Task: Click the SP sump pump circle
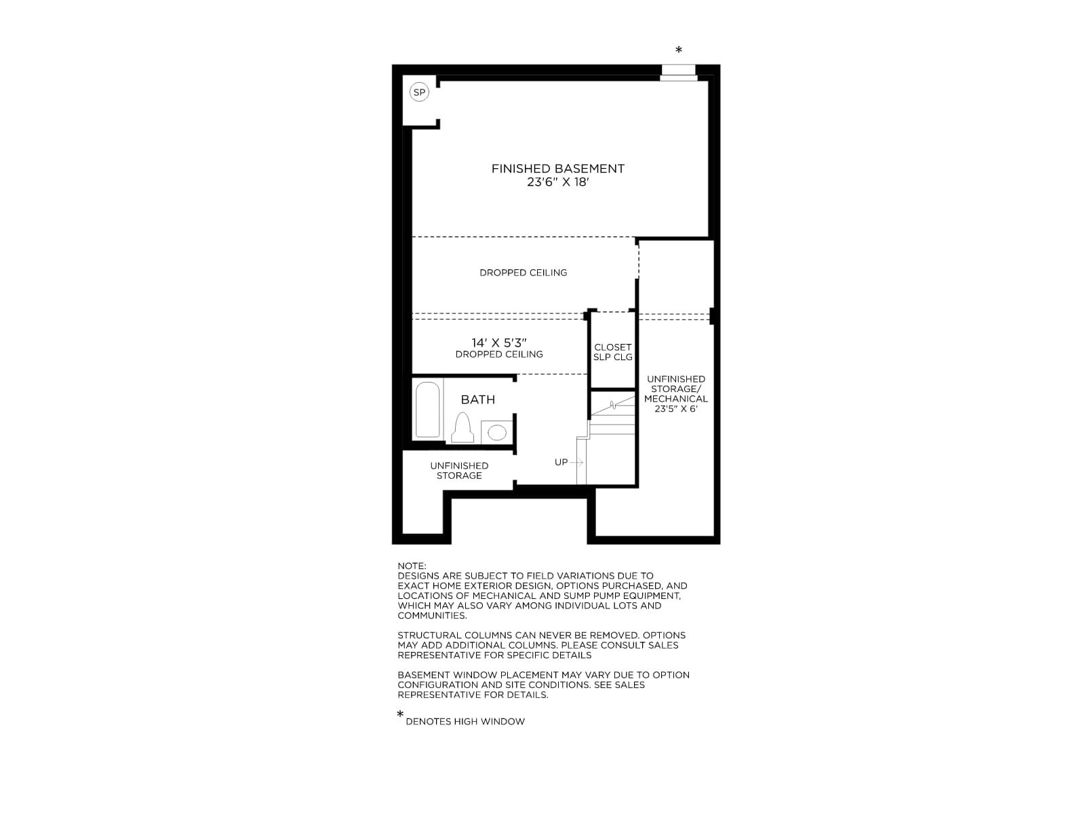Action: coord(419,92)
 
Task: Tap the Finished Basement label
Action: coord(557,169)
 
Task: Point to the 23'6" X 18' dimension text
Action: coord(558,182)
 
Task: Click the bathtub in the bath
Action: coord(428,410)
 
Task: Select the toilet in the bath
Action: coord(462,428)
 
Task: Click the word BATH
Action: coord(478,400)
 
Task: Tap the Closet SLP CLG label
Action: coord(613,352)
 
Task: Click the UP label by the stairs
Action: coord(561,463)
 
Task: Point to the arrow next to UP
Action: coord(577,463)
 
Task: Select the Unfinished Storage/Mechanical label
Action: coord(675,389)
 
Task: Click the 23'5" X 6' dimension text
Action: coord(675,409)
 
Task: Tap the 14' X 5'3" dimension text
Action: coord(499,343)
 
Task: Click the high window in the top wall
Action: coord(679,73)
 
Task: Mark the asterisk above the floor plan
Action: coord(679,50)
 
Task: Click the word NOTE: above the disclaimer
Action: coord(412,566)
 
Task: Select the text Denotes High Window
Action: coord(465,722)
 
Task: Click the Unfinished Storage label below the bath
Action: coord(459,471)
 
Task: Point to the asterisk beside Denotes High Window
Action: coord(400,714)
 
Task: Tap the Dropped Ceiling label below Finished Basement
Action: coord(524,273)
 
